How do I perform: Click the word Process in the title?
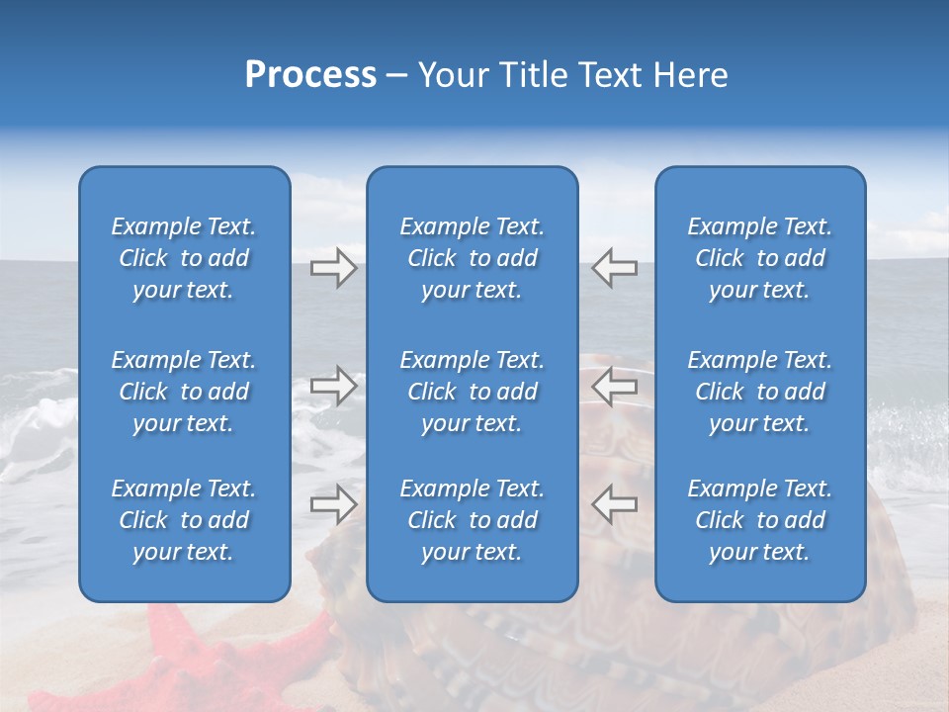click(310, 75)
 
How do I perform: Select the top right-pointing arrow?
click(333, 268)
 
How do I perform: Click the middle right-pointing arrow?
click(333, 386)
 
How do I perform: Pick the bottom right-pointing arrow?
click(333, 504)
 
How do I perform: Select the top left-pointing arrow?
click(614, 268)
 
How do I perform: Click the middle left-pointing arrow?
click(614, 386)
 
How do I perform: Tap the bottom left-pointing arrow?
click(614, 504)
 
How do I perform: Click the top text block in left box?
click(184, 258)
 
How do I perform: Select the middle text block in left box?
click(184, 392)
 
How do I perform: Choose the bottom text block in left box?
click(184, 520)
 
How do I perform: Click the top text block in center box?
click(472, 258)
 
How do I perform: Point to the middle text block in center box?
click(472, 392)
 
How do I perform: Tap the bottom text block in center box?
click(472, 520)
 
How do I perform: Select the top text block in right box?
click(759, 258)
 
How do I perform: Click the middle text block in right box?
click(759, 392)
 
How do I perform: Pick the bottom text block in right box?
click(759, 520)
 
